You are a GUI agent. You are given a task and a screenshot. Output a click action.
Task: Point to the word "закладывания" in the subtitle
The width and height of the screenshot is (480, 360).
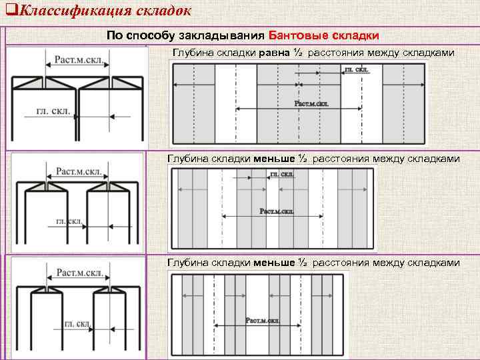click(229, 35)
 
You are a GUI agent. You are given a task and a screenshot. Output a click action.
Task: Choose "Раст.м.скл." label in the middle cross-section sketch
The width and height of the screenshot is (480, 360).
click(79, 171)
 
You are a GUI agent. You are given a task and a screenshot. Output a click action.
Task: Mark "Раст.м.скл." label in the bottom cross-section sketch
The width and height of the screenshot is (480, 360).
click(79, 273)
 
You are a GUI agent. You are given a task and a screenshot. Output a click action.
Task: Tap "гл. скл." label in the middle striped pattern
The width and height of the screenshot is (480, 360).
click(281, 175)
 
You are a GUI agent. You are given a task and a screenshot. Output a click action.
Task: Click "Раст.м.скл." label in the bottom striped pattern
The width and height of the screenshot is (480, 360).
click(263, 321)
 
